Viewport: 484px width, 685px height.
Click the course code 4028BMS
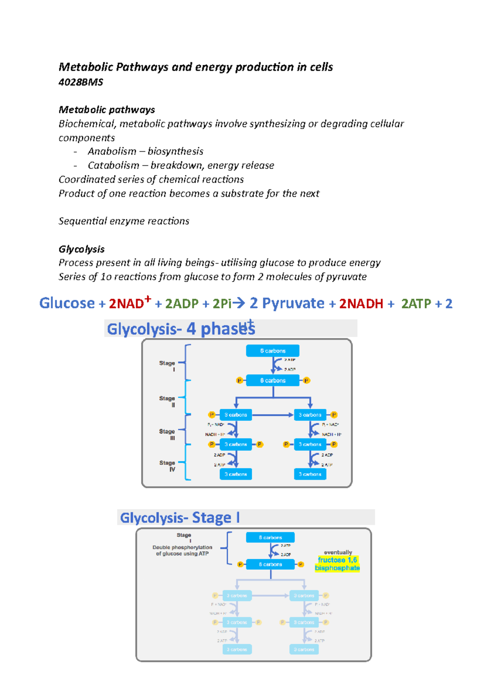81,82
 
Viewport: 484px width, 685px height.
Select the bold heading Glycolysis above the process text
81,249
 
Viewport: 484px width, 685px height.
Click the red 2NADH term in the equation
361,304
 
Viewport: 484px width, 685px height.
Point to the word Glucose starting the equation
67,303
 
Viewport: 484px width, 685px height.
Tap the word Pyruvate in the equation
293,303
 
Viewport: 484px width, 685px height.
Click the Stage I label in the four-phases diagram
167,365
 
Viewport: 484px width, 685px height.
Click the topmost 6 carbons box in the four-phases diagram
273,351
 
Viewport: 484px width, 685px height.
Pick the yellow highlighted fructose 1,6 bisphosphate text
337,564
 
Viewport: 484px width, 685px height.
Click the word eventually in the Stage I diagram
338,552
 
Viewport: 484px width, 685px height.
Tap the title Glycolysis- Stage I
180,518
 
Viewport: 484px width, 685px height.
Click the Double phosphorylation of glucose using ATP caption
182,550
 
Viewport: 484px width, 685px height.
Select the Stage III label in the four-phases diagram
167,434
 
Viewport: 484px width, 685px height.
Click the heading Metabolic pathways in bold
107,110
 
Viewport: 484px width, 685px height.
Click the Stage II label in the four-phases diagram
167,401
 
